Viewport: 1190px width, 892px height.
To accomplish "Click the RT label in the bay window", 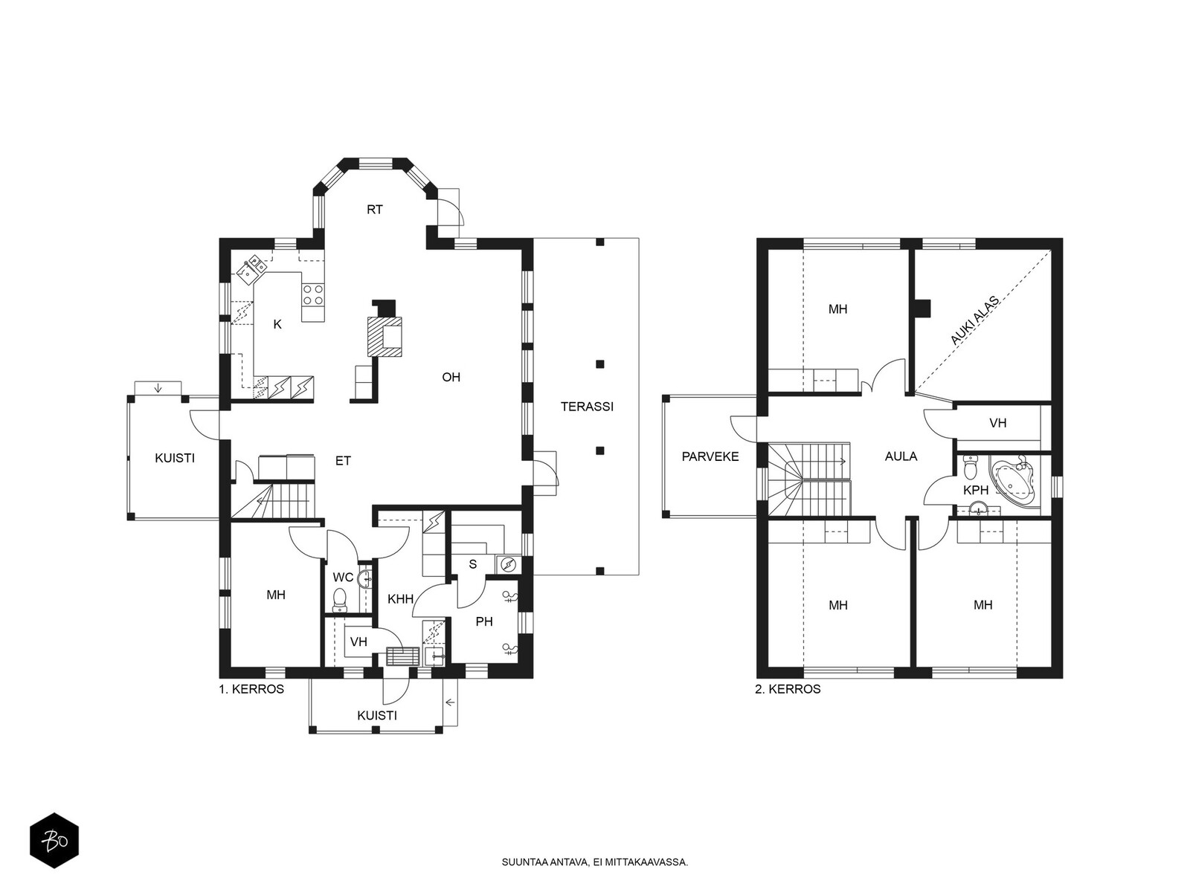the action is pyautogui.click(x=375, y=210).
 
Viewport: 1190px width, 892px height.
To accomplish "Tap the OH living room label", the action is pyautogui.click(x=451, y=377).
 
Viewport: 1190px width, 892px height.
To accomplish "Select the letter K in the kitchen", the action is pyautogui.click(x=277, y=324).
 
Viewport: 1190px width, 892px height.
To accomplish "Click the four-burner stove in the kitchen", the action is pyautogui.click(x=313, y=295).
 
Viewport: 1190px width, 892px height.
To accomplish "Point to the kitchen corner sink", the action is pyautogui.click(x=251, y=269).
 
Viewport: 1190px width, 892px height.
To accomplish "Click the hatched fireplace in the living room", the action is pyautogui.click(x=385, y=336).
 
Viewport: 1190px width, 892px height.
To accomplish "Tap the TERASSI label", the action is pyautogui.click(x=587, y=406).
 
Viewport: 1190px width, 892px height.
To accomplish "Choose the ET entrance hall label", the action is pyautogui.click(x=343, y=461).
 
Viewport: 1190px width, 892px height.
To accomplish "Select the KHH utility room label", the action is pyautogui.click(x=401, y=599).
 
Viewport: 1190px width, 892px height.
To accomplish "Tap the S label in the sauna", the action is pyautogui.click(x=473, y=564).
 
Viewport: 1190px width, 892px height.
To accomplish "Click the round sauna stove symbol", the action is pyautogui.click(x=508, y=564).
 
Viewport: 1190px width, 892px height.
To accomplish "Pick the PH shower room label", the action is pyautogui.click(x=484, y=621).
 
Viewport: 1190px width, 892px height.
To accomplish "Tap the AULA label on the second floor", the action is pyautogui.click(x=901, y=456).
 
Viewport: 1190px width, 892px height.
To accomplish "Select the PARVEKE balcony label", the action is pyautogui.click(x=710, y=456).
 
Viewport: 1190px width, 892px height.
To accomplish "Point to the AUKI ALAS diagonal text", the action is pyautogui.click(x=974, y=320).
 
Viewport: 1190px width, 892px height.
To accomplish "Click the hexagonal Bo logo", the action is pyautogui.click(x=54, y=841).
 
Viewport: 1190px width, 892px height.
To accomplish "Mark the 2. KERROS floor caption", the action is pyautogui.click(x=788, y=690).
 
